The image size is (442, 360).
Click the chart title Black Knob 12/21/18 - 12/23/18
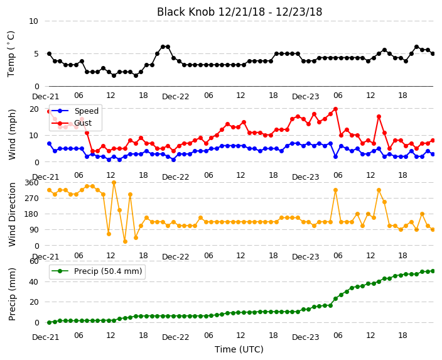[239, 12]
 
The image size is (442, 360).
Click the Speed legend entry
[75, 111]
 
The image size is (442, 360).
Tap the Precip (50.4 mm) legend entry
[97, 271]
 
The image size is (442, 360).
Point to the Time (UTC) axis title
[239, 349]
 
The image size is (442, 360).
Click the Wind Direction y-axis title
[12, 215]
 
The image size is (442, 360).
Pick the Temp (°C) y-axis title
[11, 54]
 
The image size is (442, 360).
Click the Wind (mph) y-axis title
[12, 134]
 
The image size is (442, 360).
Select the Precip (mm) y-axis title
[12, 294]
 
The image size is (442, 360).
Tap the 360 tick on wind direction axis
[31, 183]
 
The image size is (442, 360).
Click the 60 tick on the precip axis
[34, 261]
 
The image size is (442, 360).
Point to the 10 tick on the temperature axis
[33, 21]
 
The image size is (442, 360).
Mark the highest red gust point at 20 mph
[335, 109]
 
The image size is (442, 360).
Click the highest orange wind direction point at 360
[114, 183]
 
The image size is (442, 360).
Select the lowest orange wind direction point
[125, 241]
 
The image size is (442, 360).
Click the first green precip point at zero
[50, 322]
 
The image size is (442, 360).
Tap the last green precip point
[433, 271]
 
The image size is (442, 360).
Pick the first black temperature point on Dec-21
[50, 53]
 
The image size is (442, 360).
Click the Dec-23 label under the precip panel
[306, 337]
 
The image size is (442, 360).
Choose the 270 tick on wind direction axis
[31, 199]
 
